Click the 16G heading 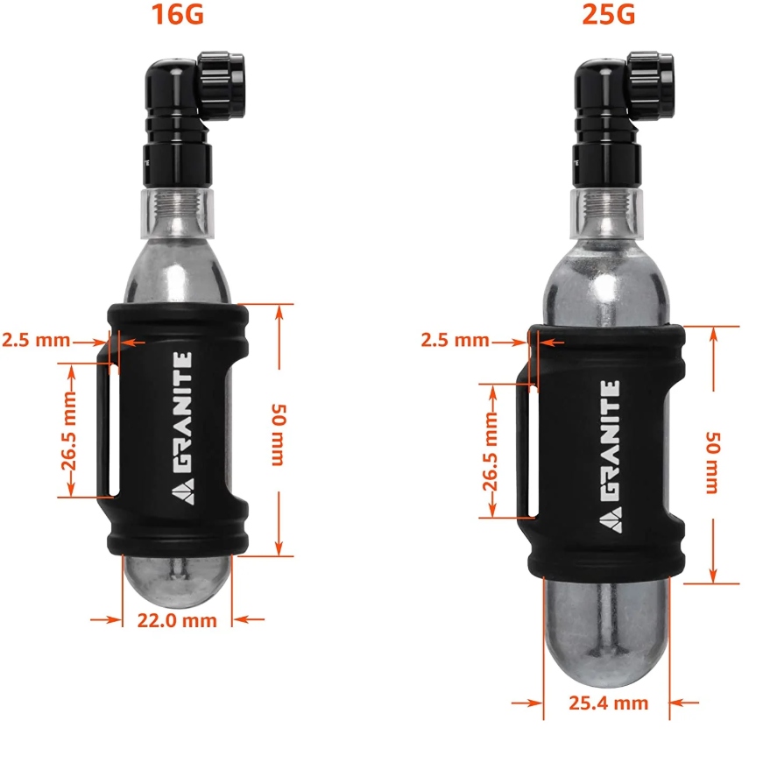[177, 14]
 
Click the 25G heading [608, 14]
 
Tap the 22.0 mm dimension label [177, 620]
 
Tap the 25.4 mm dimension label [608, 703]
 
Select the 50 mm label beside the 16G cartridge [279, 434]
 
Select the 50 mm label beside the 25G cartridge [713, 463]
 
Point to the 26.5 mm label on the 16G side [69, 432]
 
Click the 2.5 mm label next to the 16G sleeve [36, 340]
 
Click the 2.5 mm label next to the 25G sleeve [455, 340]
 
